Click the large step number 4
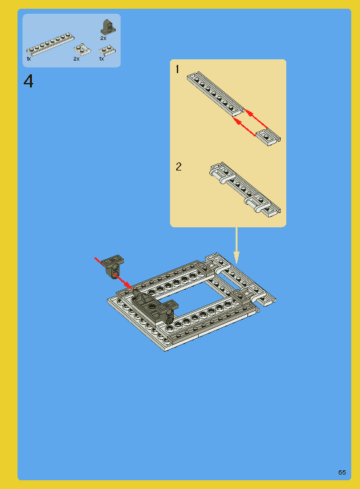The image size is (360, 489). click(x=28, y=81)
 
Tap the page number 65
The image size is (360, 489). click(x=342, y=472)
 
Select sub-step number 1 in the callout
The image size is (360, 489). click(x=177, y=69)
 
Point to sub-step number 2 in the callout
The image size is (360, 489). click(x=179, y=167)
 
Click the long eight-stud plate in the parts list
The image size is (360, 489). click(x=50, y=44)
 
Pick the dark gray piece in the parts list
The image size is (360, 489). click(x=107, y=27)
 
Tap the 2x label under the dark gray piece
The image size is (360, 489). click(x=103, y=38)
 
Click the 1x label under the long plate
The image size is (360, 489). click(x=29, y=59)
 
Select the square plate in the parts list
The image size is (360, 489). click(x=82, y=49)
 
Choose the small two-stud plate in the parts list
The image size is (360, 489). click(x=107, y=51)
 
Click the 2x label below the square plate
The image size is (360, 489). click(x=76, y=59)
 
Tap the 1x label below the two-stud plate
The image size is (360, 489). click(x=101, y=59)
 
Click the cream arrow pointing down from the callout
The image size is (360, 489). click(x=236, y=245)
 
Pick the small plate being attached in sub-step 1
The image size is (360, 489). click(x=268, y=137)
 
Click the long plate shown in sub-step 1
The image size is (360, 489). click(x=215, y=93)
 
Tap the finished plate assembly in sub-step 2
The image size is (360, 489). click(x=245, y=189)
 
